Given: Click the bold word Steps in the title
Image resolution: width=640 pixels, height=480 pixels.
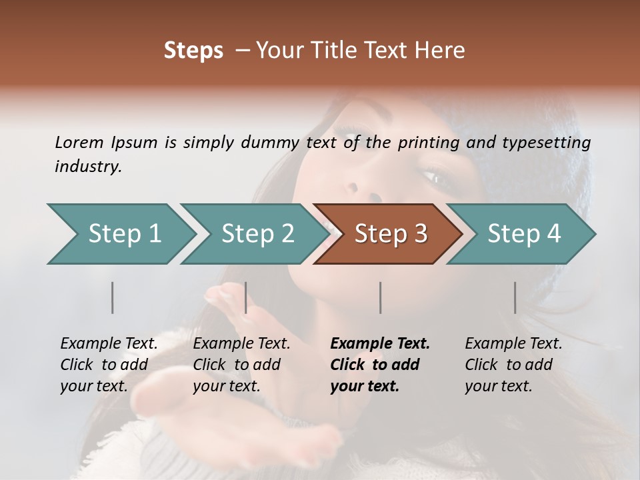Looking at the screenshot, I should [x=193, y=51].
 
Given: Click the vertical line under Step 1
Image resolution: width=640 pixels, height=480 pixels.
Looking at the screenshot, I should [x=113, y=297].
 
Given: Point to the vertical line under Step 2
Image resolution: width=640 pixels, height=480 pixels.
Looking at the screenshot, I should [x=246, y=297].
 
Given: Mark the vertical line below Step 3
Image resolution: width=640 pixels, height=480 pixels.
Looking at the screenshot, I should [x=381, y=297].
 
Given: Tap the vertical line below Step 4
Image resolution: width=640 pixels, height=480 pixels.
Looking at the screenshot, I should [x=515, y=297].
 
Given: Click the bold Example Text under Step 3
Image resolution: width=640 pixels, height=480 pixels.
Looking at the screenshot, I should [x=380, y=343].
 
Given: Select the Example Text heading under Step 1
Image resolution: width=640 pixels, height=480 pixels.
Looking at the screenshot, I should [x=109, y=343].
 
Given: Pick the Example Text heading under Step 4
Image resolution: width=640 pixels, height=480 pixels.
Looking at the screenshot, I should [x=513, y=343].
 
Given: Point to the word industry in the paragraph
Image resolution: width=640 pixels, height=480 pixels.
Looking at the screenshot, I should [x=87, y=166].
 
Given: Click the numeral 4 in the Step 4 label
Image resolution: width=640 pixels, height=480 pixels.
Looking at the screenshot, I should [x=553, y=234].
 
